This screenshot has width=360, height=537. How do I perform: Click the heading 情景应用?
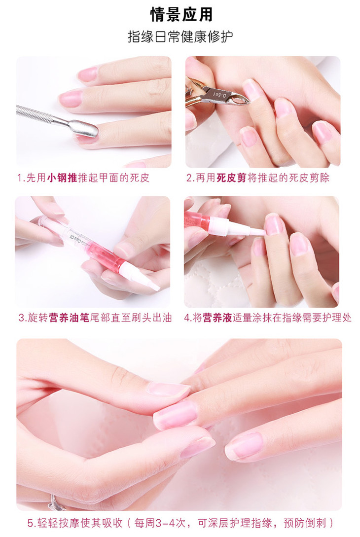[x=181, y=14]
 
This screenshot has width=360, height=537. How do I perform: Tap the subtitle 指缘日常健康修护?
[x=180, y=36]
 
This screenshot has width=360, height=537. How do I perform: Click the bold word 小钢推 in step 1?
[x=62, y=178]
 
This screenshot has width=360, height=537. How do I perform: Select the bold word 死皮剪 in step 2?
[x=232, y=178]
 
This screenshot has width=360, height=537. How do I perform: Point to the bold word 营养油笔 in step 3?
[x=69, y=318]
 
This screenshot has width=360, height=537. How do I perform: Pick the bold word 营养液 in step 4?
[x=217, y=318]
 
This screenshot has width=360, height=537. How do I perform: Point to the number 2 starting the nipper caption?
[x=189, y=178]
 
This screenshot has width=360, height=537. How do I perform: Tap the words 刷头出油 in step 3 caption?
[x=152, y=318]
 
